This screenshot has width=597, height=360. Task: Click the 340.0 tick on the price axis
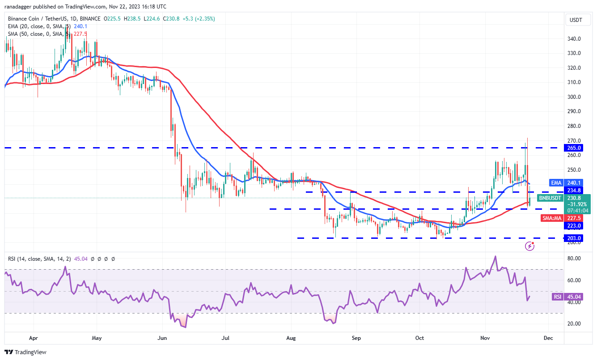pyautogui.click(x=575, y=39)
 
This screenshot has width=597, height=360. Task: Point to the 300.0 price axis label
pyautogui.click(x=575, y=97)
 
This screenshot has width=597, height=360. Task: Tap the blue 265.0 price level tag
pyautogui.click(x=575, y=148)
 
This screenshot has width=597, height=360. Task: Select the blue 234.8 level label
pyautogui.click(x=575, y=190)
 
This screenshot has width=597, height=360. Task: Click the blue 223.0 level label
pyautogui.click(x=575, y=226)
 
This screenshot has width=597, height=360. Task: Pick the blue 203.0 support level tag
pyautogui.click(x=575, y=238)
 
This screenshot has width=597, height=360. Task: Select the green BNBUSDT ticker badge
pyautogui.click(x=550, y=198)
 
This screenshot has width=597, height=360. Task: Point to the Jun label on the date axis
pyautogui.click(x=162, y=339)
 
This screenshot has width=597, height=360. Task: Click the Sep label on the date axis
pyautogui.click(x=356, y=339)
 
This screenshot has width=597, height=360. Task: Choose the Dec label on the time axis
pyautogui.click(x=548, y=339)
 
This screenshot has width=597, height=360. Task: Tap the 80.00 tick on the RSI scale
pyautogui.click(x=575, y=258)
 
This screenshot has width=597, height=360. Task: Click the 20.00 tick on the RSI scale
pyautogui.click(x=575, y=324)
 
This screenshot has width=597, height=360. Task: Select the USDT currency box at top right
pyautogui.click(x=575, y=20)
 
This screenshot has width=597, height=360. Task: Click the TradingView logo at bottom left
pyautogui.click(x=25, y=352)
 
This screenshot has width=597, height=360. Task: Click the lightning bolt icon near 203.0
pyautogui.click(x=530, y=246)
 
